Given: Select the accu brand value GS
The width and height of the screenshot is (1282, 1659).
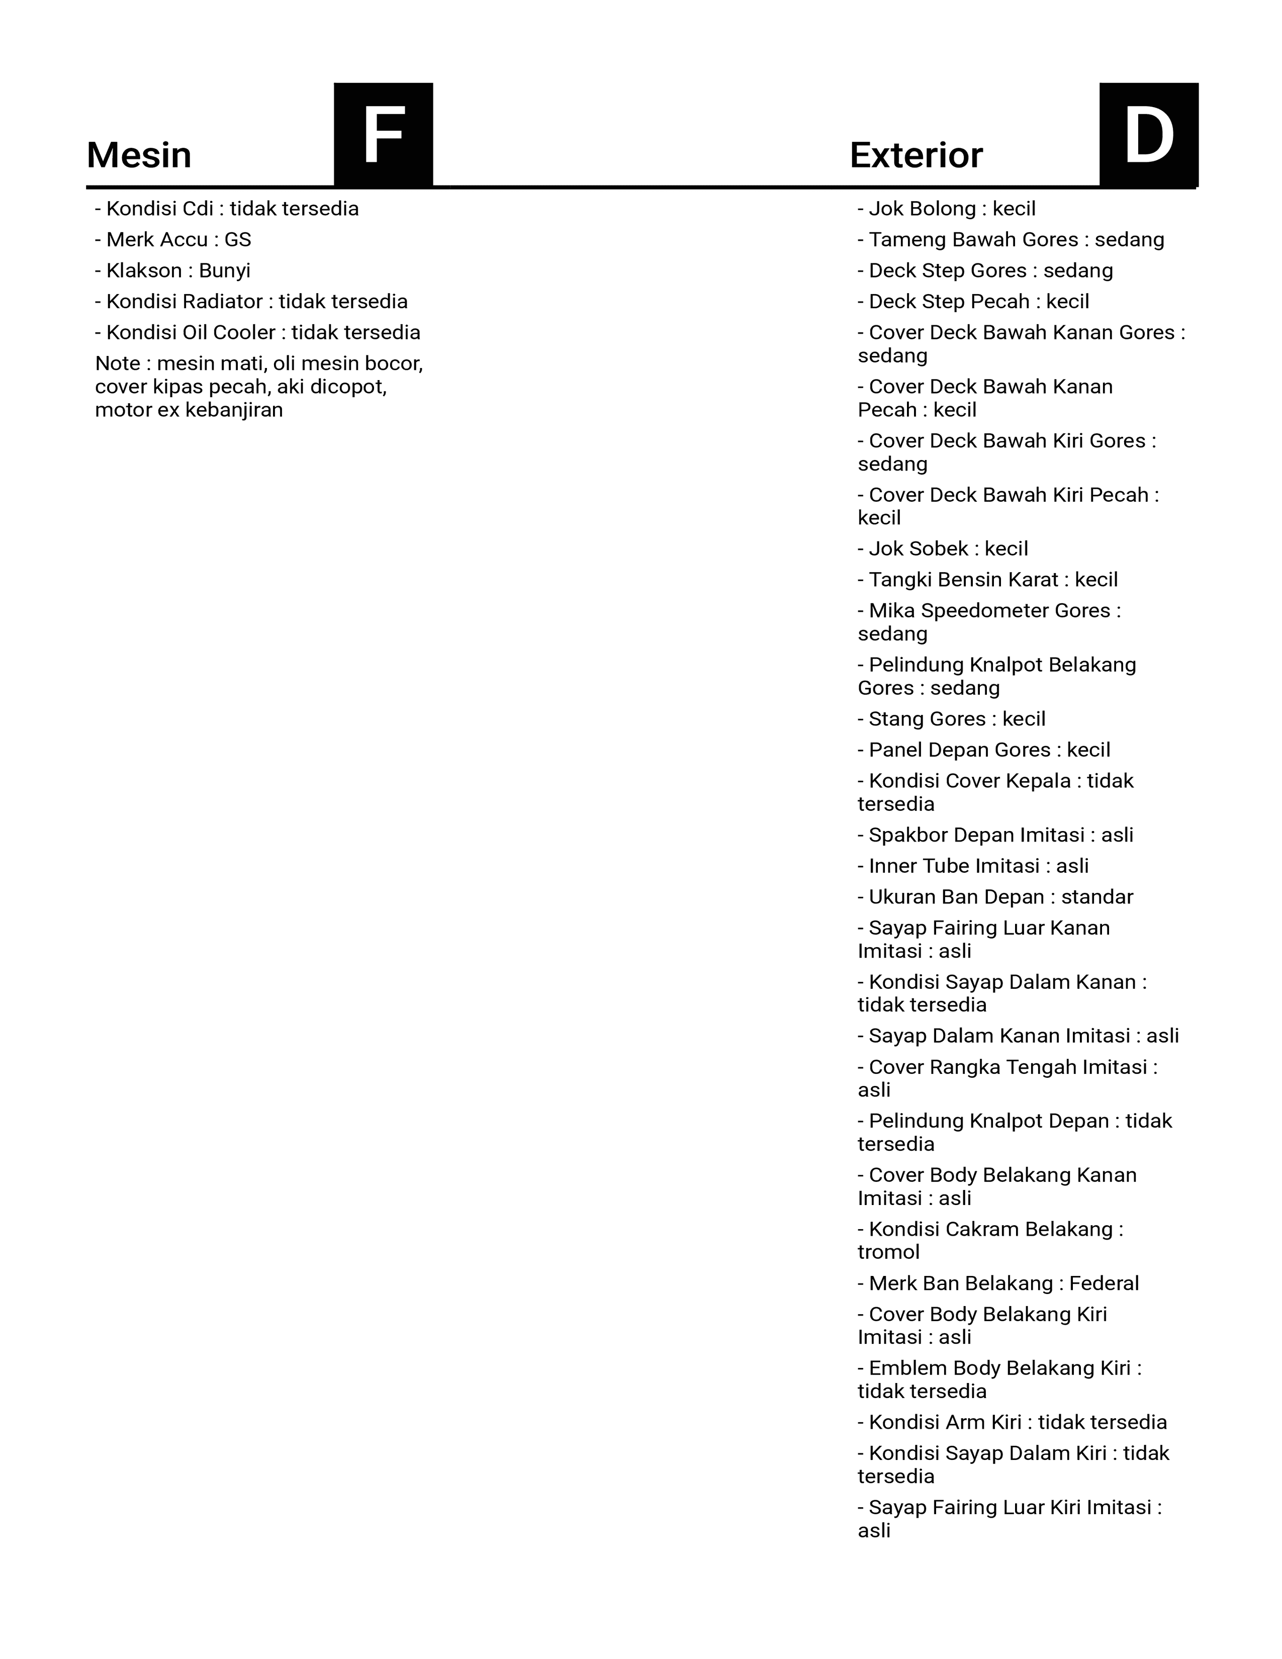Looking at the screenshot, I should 238,240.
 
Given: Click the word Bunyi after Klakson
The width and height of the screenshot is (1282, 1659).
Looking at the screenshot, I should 225,271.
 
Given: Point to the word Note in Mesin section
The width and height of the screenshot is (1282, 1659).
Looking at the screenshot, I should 118,364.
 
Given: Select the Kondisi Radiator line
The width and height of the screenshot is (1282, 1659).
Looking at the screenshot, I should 251,302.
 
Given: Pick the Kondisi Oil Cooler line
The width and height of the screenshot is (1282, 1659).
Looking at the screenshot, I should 257,333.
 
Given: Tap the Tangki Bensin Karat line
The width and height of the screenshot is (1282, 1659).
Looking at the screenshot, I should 988,580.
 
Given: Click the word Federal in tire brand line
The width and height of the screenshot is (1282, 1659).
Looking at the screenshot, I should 1105,1284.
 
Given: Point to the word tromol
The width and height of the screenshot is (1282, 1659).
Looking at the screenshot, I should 888,1253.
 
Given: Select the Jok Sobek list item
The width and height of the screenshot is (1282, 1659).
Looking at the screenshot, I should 943,549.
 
